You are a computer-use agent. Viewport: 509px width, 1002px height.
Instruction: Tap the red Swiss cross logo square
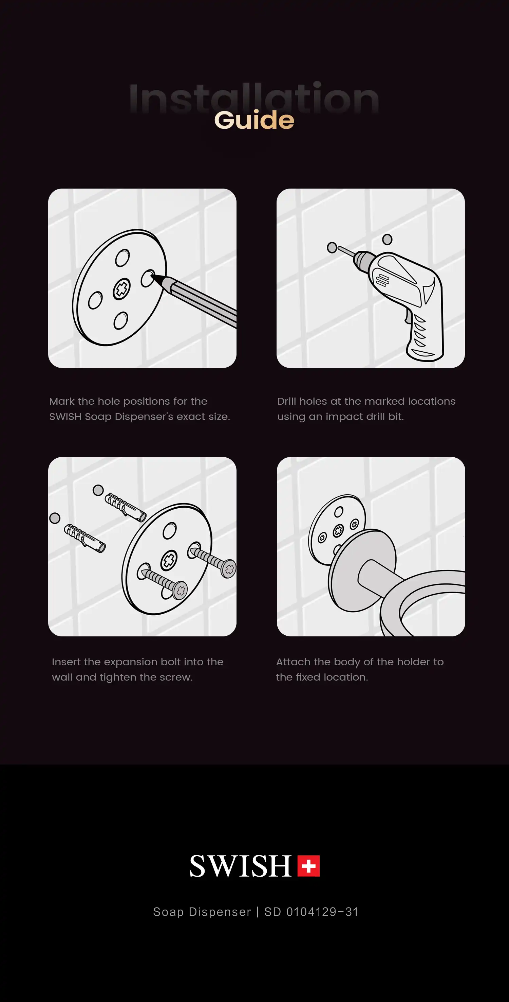coord(308,866)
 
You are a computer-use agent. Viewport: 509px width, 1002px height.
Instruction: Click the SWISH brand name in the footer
coord(241,866)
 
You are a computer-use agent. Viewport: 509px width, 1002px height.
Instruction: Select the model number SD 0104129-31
coord(311,912)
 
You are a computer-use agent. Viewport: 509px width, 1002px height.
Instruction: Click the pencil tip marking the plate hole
coord(152,276)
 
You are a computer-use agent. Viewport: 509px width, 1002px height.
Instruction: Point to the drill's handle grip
coord(424,335)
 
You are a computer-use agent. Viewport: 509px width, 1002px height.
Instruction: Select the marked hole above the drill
coord(387,239)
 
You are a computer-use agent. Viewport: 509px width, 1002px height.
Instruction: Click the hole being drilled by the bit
coord(332,247)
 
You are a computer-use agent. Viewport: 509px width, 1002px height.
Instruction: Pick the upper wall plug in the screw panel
coord(126,507)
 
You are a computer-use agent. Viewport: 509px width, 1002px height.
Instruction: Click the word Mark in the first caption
coord(62,401)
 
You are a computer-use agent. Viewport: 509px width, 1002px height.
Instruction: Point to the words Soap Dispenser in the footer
coord(202,912)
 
